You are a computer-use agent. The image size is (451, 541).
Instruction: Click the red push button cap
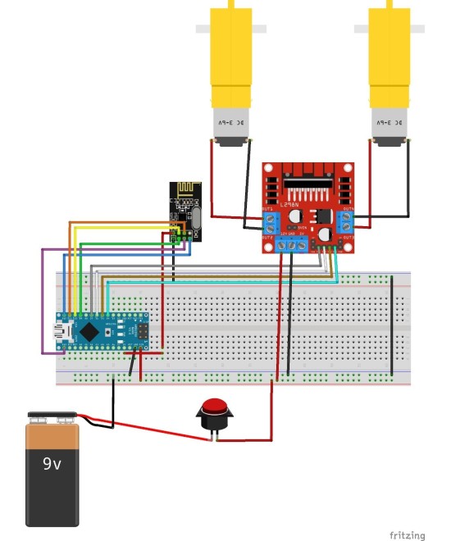pos(215,407)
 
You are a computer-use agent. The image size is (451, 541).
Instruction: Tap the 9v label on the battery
pos(52,464)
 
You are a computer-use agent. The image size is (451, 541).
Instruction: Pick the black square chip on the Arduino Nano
pos(88,331)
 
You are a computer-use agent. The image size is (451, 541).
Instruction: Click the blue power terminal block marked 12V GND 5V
pos(293,244)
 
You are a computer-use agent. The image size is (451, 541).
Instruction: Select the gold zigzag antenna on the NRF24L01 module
pos(184,190)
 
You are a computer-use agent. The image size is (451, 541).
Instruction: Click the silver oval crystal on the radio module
pos(196,217)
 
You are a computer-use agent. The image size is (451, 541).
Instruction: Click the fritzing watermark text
pos(407,535)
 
